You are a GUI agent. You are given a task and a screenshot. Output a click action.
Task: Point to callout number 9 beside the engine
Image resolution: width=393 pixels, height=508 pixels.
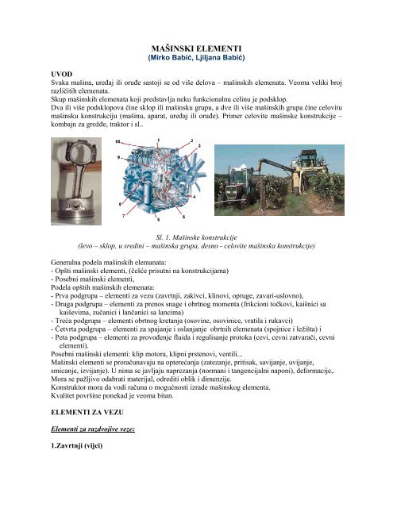(x=119, y=158)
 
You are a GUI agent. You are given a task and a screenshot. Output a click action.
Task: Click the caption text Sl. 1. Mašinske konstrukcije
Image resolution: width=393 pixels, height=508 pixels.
(x=195, y=237)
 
